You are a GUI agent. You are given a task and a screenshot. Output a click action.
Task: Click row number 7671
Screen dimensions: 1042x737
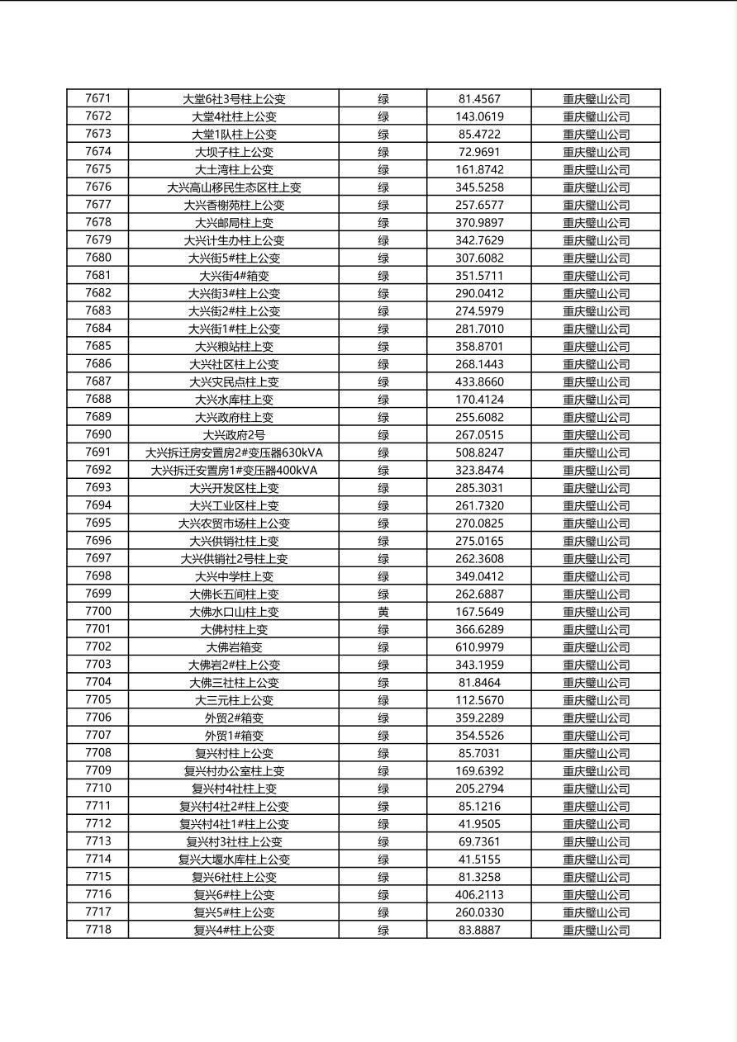pyautogui.click(x=97, y=99)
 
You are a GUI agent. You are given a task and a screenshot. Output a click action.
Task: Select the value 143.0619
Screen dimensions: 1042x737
pyautogui.click(x=479, y=116)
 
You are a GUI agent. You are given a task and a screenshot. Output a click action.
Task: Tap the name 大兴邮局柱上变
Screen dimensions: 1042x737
pyautogui.click(x=234, y=223)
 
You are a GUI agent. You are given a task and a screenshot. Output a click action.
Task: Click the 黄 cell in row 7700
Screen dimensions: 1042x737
pyautogui.click(x=383, y=612)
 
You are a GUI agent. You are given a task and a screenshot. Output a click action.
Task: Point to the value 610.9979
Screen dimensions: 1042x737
pyautogui.click(x=479, y=647)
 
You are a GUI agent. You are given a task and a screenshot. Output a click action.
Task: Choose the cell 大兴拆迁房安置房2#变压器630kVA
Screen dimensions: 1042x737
pyautogui.click(x=234, y=452)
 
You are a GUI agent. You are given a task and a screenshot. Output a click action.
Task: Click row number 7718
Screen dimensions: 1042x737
pyautogui.click(x=97, y=930)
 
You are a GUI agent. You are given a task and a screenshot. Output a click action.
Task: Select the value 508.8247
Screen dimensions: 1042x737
pyautogui.click(x=479, y=452)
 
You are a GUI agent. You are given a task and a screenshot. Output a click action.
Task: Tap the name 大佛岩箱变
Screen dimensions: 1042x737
pyautogui.click(x=234, y=647)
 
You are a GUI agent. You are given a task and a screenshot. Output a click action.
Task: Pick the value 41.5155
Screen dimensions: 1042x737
pyautogui.click(x=479, y=860)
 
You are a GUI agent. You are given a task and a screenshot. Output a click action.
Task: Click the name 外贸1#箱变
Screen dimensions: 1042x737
pyautogui.click(x=234, y=736)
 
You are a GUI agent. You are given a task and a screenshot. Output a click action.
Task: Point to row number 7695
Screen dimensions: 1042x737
pyautogui.click(x=97, y=523)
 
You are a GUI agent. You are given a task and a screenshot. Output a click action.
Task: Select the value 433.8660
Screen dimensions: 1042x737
pyautogui.click(x=479, y=382)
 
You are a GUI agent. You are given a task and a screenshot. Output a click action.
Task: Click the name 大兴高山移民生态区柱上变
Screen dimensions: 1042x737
pyautogui.click(x=234, y=187)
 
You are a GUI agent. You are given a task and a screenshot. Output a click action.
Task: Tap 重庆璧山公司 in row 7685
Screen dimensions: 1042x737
pyautogui.click(x=596, y=347)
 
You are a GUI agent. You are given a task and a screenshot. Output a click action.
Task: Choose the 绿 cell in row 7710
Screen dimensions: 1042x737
pyautogui.click(x=383, y=789)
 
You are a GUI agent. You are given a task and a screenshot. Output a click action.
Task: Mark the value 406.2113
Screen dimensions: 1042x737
pyautogui.click(x=479, y=894)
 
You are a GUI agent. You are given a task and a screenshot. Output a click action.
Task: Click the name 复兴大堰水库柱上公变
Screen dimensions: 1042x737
pyautogui.click(x=234, y=860)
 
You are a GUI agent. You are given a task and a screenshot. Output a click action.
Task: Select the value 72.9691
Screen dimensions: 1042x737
pyautogui.click(x=479, y=152)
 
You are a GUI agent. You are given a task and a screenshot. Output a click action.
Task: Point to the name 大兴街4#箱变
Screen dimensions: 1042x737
pyautogui.click(x=234, y=276)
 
